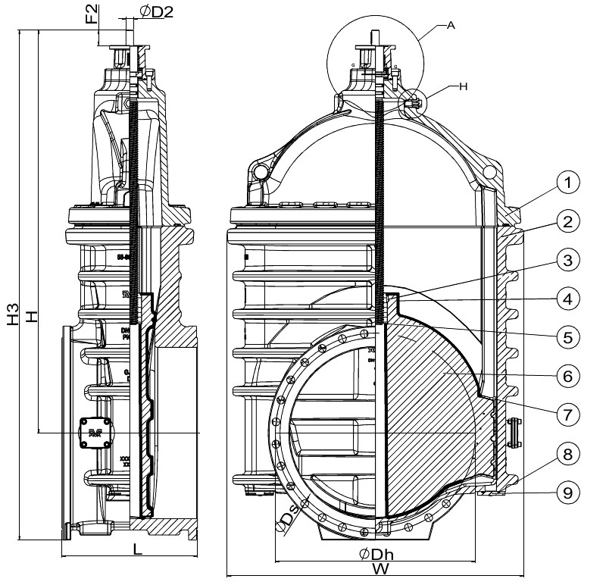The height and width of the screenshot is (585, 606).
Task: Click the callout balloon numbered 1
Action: coord(570,183)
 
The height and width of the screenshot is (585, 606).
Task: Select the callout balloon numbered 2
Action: coord(570,222)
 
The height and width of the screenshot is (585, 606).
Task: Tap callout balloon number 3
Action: coord(570,261)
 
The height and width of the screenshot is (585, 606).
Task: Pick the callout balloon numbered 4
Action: coord(570,299)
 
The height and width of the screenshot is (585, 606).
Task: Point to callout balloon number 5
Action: coord(570,336)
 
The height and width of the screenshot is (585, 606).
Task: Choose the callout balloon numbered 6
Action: coord(570,375)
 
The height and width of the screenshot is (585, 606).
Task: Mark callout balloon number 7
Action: coord(570,414)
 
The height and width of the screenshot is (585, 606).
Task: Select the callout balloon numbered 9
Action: coord(570,493)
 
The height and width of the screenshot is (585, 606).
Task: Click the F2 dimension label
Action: coord(92,14)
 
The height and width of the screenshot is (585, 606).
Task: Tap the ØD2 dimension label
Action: coord(156,12)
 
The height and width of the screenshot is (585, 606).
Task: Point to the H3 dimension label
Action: coord(13,314)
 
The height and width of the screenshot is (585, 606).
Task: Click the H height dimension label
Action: coord(32,318)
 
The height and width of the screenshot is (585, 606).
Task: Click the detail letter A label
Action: coord(451,25)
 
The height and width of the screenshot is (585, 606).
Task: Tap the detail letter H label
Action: coord(464,86)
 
